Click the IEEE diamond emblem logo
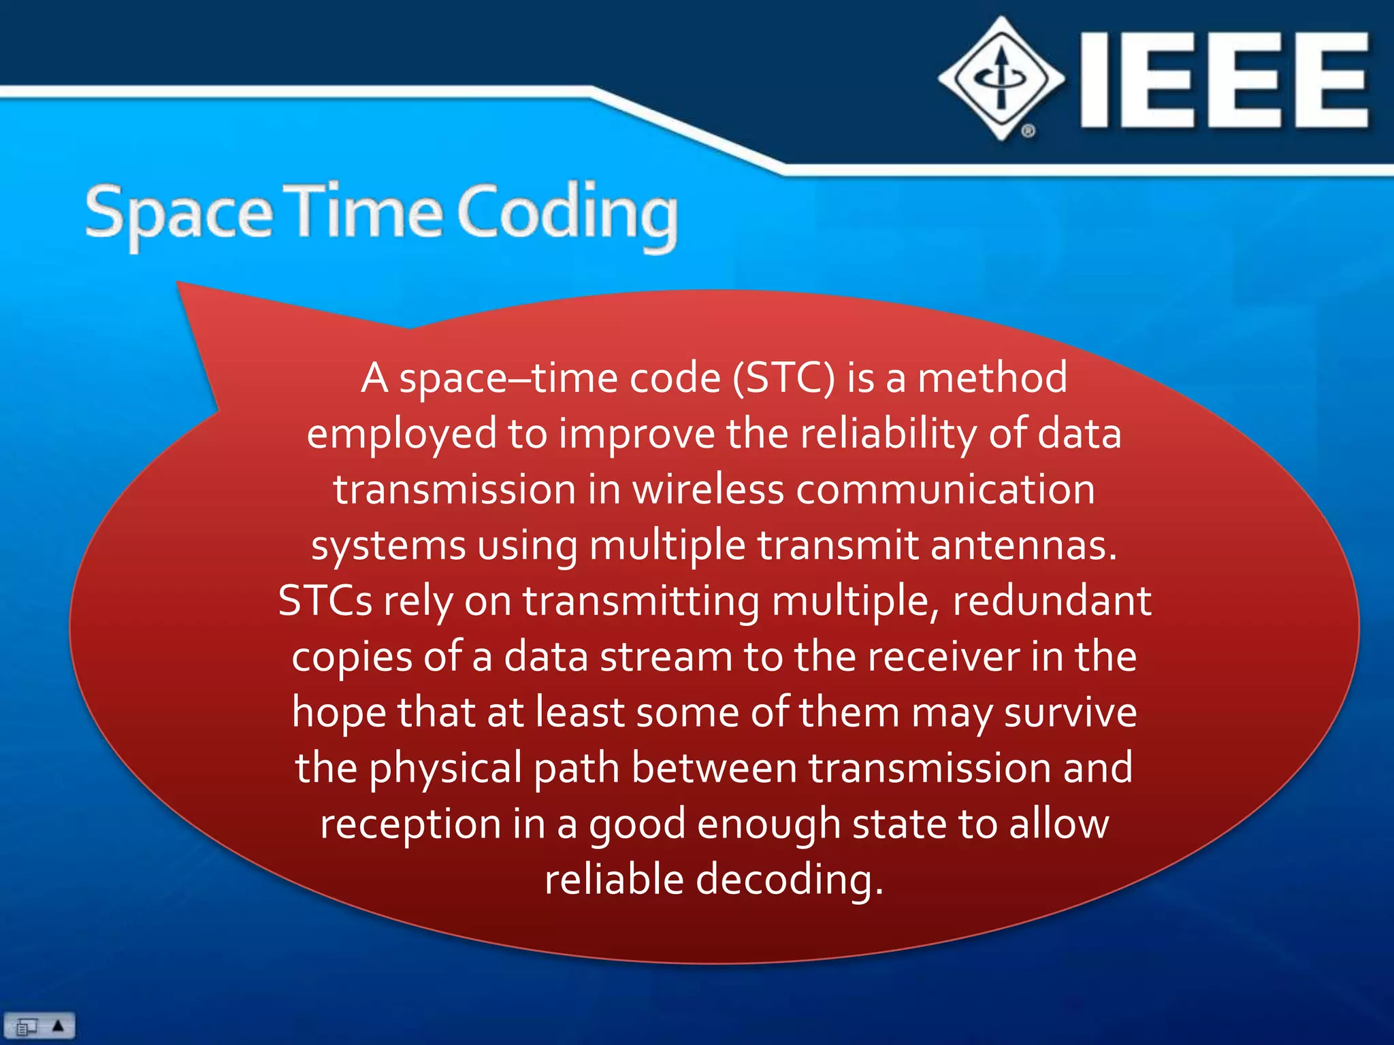pos(1001,79)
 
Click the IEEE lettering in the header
pos(1224,80)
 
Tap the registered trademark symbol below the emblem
pos(1028,131)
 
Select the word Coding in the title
pos(567,214)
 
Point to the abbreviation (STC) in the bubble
pos(783,378)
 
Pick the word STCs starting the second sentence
pos(325,601)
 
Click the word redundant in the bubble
pos(1052,601)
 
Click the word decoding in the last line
pos(789,880)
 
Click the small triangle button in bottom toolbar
pos(59,1025)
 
